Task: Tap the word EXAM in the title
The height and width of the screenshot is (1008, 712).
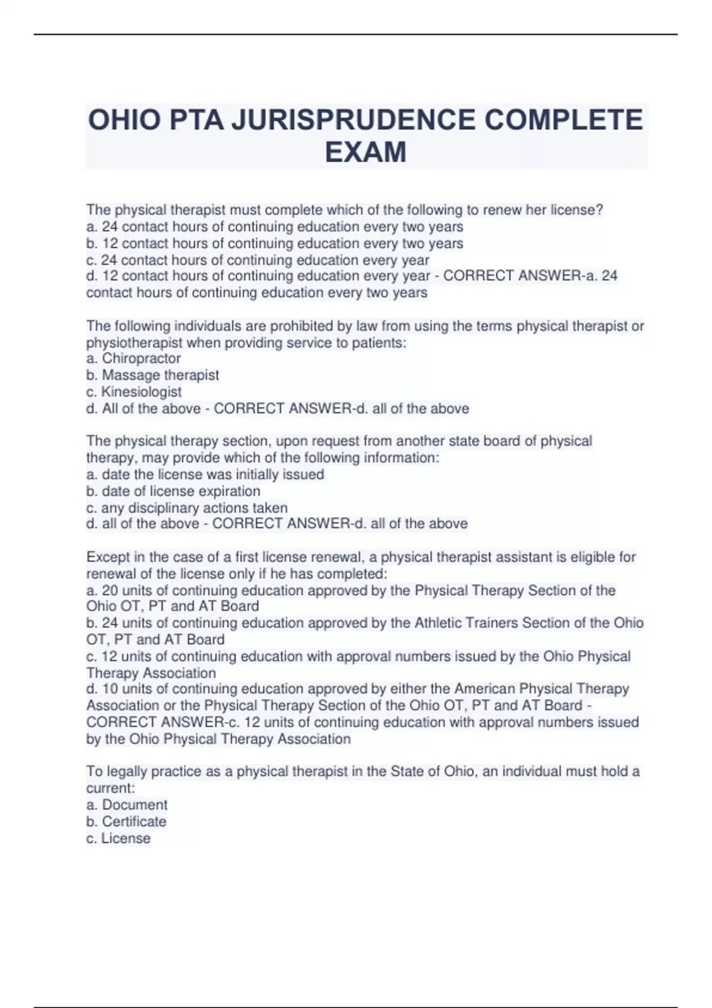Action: click(x=365, y=152)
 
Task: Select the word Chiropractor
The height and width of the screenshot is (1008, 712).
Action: click(x=141, y=359)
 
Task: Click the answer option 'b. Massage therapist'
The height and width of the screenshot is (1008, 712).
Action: click(x=152, y=375)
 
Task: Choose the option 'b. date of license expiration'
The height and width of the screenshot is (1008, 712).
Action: click(x=173, y=491)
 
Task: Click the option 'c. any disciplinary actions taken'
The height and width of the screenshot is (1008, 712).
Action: click(x=187, y=508)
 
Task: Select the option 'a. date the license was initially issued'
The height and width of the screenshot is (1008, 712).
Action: click(x=205, y=474)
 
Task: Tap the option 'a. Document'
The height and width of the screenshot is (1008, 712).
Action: click(x=127, y=805)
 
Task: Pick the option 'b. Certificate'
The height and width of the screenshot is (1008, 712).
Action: click(x=126, y=821)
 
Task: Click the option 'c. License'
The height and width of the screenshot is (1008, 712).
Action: click(x=119, y=838)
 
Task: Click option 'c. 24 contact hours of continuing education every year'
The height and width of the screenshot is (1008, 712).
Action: click(x=258, y=260)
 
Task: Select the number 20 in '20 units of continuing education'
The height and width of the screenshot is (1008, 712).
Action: click(x=110, y=591)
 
